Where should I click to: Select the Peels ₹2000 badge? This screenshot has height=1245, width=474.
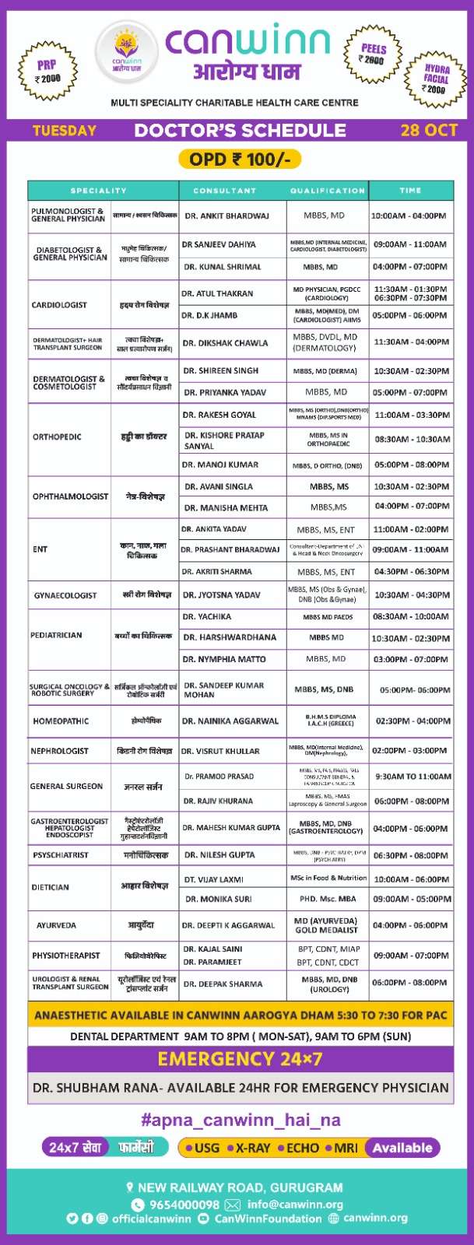[x=372, y=54]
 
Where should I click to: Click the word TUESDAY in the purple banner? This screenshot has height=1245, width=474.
[x=65, y=130]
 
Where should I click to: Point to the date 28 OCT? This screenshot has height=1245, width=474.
[x=428, y=130]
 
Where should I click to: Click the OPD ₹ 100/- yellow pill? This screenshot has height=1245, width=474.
[x=239, y=160]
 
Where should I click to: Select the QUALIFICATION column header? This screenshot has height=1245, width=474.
[x=327, y=191]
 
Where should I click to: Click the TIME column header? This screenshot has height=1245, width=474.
[x=410, y=191]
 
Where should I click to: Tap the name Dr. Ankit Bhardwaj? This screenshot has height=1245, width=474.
[x=226, y=216]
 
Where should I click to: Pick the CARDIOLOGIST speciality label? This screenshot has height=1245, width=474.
[x=59, y=305]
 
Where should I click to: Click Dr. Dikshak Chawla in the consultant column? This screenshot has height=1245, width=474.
[x=226, y=343]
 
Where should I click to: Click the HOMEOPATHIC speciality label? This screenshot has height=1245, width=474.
[x=61, y=721]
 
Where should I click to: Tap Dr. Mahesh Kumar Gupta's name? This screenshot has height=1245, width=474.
[x=231, y=828]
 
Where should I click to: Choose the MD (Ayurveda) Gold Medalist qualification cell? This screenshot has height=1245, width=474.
[x=326, y=925]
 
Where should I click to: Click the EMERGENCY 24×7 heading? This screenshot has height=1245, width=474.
[x=240, y=1059]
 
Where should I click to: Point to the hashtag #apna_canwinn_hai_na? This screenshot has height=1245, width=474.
[x=240, y=1120]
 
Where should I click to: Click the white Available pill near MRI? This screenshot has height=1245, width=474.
[x=402, y=1148]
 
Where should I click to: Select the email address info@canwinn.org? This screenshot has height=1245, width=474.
[x=295, y=1205]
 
